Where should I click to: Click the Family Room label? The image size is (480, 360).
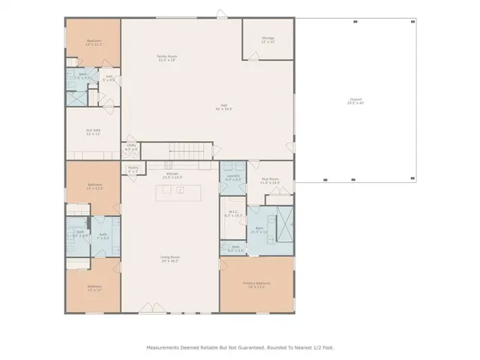click(166, 58)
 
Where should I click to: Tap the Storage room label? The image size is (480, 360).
click(268, 39)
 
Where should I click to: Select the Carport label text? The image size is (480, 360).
click(355, 101)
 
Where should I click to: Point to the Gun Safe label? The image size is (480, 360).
click(93, 132)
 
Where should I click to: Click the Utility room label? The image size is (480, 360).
click(130, 148)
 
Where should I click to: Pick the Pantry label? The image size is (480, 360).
click(133, 169)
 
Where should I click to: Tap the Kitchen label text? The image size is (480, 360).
click(173, 175)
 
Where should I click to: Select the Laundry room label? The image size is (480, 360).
click(232, 178)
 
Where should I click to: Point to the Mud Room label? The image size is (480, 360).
click(269, 181)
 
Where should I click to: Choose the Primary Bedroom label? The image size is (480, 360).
click(256, 285)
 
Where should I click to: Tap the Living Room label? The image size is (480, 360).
click(169, 259)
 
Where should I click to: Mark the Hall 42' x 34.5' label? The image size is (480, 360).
click(223, 107)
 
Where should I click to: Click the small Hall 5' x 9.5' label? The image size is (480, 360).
click(109, 77)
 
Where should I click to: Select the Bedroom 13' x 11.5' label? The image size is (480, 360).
click(94, 43)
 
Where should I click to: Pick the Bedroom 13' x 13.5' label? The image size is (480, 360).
click(94, 187)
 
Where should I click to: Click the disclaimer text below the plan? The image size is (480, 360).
click(239, 347)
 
